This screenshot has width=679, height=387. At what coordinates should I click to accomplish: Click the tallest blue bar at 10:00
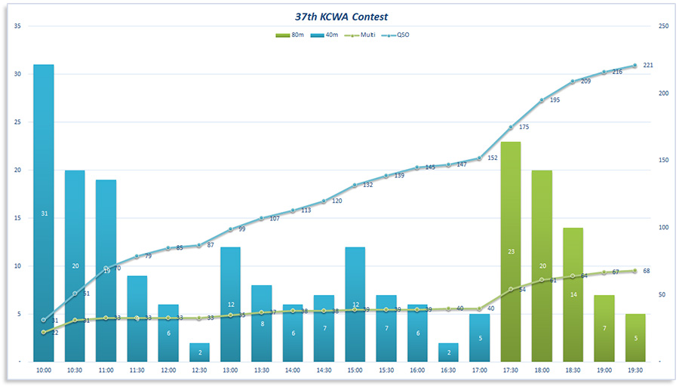44,211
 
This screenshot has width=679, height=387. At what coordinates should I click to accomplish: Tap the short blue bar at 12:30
199,352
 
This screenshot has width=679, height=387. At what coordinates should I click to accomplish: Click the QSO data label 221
648,66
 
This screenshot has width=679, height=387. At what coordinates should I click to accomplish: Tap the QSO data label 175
524,127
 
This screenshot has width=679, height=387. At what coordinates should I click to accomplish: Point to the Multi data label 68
647,271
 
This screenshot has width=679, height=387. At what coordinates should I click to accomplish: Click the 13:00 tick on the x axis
230,370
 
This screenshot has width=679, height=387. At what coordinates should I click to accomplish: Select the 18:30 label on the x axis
573,370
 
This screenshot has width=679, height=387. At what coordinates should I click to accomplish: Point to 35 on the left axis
17,26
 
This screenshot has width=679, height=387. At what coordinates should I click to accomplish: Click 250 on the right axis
663,26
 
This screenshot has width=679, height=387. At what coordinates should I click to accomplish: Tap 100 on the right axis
663,228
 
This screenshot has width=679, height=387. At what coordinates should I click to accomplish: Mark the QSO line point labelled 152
479,158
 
